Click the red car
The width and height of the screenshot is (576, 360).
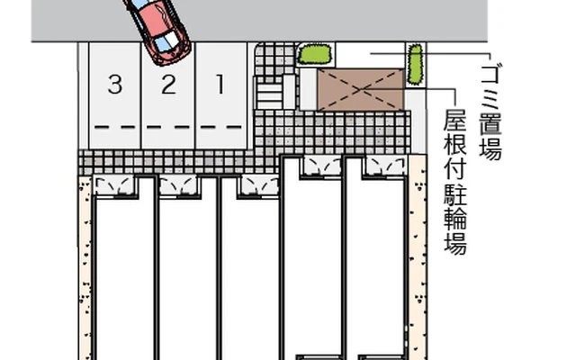(158, 29)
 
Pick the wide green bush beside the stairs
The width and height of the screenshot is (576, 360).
(313, 54)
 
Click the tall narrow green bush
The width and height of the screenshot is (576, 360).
(415, 63)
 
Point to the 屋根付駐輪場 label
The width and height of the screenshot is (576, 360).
(455, 184)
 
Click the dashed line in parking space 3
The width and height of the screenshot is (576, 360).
(114, 127)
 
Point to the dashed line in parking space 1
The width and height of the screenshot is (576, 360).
(220, 127)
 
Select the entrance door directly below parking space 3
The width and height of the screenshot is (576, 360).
(114, 185)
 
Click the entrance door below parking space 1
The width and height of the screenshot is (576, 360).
(256, 185)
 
